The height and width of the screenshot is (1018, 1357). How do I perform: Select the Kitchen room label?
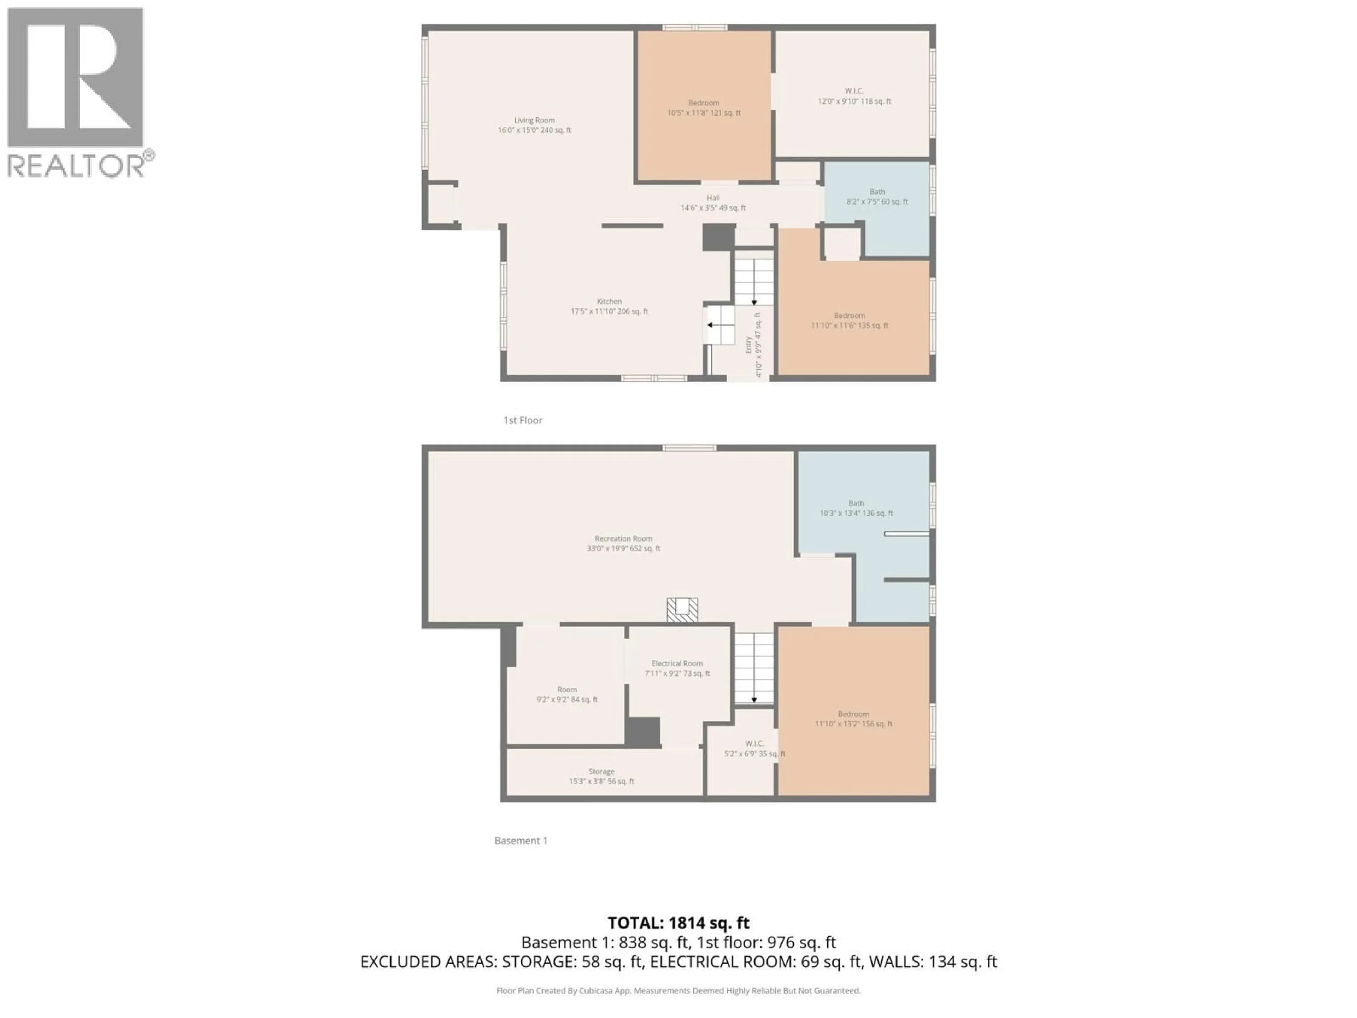click(x=609, y=306)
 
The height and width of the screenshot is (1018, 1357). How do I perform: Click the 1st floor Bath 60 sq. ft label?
click(x=877, y=197)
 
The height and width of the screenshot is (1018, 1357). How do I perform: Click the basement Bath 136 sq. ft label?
click(x=856, y=508)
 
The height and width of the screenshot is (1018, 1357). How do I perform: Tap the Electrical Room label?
click(x=677, y=668)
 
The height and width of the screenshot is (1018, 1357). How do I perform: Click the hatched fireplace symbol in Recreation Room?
click(x=682, y=610)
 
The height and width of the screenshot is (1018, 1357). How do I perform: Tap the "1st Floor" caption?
click(x=523, y=420)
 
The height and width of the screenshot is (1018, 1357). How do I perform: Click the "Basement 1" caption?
click(x=520, y=841)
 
